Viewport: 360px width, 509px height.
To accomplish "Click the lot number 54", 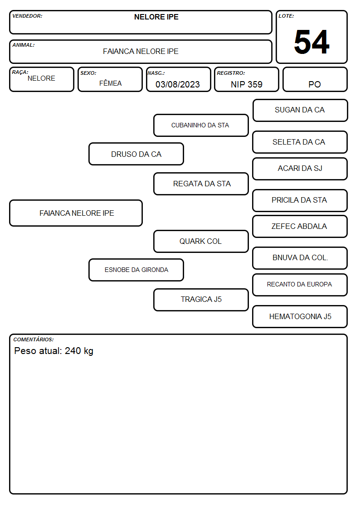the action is click(x=311, y=42).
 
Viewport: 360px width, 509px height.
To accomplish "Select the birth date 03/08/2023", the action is click(x=178, y=84).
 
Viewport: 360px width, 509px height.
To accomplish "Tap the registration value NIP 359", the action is click(x=246, y=84).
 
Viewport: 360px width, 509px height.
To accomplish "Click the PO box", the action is click(x=315, y=79).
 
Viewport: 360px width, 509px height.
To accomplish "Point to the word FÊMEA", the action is click(x=110, y=83).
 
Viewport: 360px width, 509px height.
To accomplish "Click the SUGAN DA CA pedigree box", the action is click(x=300, y=111).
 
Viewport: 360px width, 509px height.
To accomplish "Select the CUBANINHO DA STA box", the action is click(x=201, y=125).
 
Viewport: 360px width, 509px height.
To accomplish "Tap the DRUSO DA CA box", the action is click(x=136, y=154).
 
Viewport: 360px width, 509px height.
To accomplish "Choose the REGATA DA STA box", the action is click(x=201, y=184).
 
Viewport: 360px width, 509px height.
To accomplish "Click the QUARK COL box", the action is click(x=201, y=241).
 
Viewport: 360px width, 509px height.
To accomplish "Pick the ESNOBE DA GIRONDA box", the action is click(x=136, y=270).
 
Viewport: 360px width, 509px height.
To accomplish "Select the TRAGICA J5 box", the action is click(x=201, y=300).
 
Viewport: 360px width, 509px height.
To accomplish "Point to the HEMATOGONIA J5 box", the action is click(x=300, y=316).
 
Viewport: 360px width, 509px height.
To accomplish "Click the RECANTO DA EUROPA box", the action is click(x=300, y=285).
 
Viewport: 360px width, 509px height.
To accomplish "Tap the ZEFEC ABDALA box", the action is click(x=300, y=226).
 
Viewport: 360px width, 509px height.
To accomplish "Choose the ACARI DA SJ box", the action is click(x=300, y=169).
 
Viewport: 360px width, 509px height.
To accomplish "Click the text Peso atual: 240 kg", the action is click(x=54, y=351).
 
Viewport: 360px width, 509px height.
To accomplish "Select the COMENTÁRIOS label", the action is click(x=34, y=339).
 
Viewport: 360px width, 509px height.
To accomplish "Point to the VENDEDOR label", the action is click(x=27, y=16).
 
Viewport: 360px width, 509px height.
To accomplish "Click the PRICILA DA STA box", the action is click(x=300, y=200).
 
